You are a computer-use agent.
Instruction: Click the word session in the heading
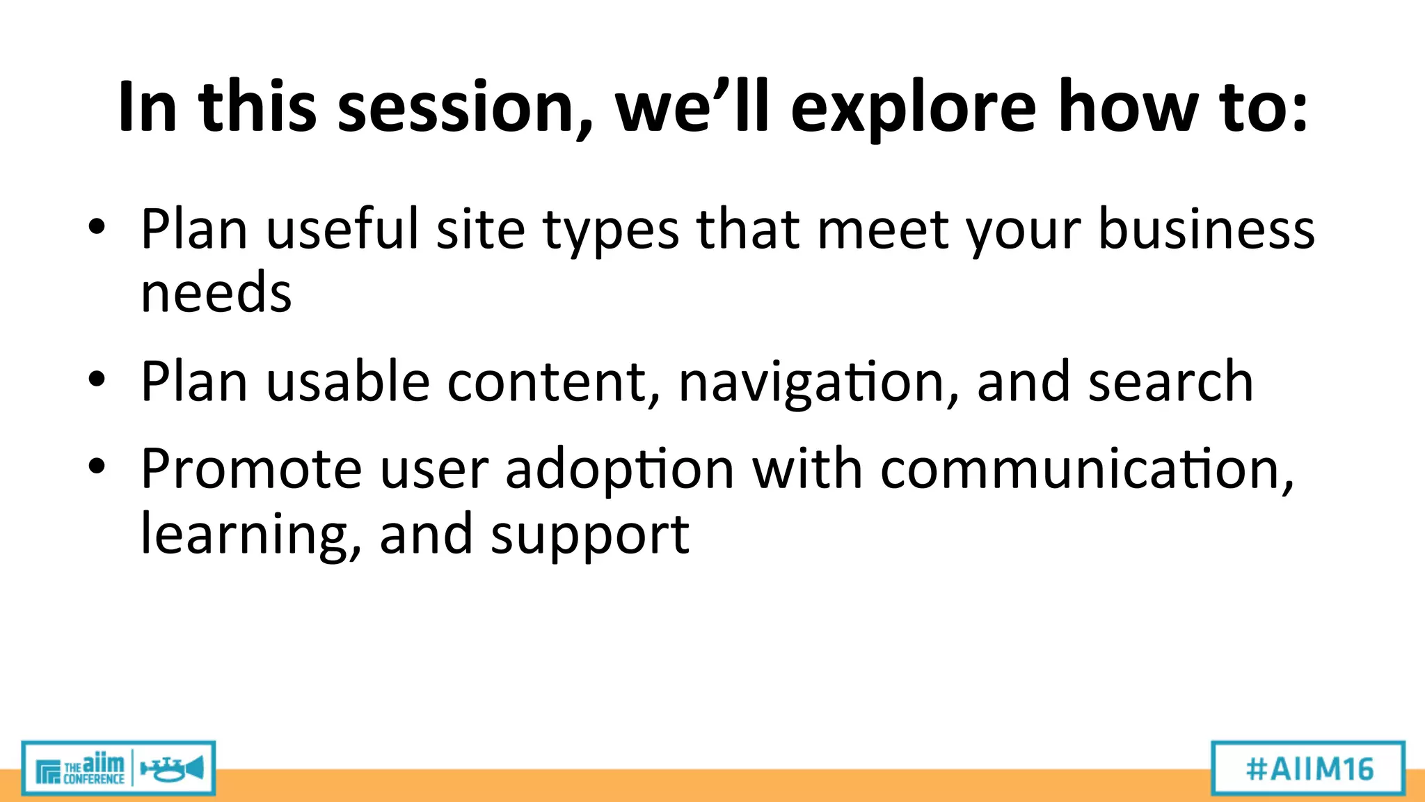click(x=465, y=108)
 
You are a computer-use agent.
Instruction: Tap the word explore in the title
click(x=913, y=108)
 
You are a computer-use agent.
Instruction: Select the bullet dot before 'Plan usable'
click(x=97, y=379)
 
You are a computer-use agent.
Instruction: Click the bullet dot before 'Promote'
click(x=97, y=467)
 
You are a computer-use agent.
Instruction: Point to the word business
click(x=1206, y=230)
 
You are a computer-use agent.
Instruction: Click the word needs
click(x=216, y=292)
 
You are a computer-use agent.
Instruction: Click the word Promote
click(x=251, y=469)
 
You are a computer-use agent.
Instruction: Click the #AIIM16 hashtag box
click(x=1308, y=769)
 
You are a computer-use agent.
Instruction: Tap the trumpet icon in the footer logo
click(x=172, y=769)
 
